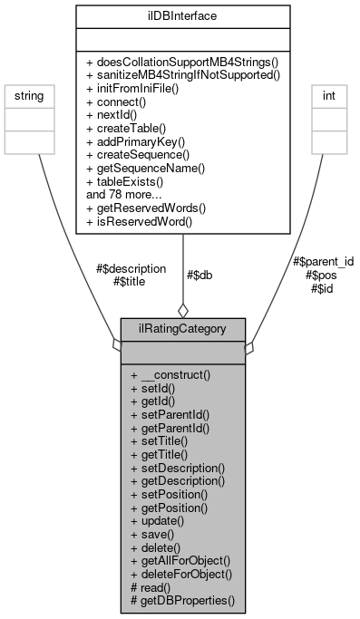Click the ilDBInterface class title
pos(183,15)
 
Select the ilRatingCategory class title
pos(183,328)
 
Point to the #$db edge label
pos(199,276)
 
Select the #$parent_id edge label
pos(323,261)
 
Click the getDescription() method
pos(177,479)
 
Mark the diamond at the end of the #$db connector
pos(183,308)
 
